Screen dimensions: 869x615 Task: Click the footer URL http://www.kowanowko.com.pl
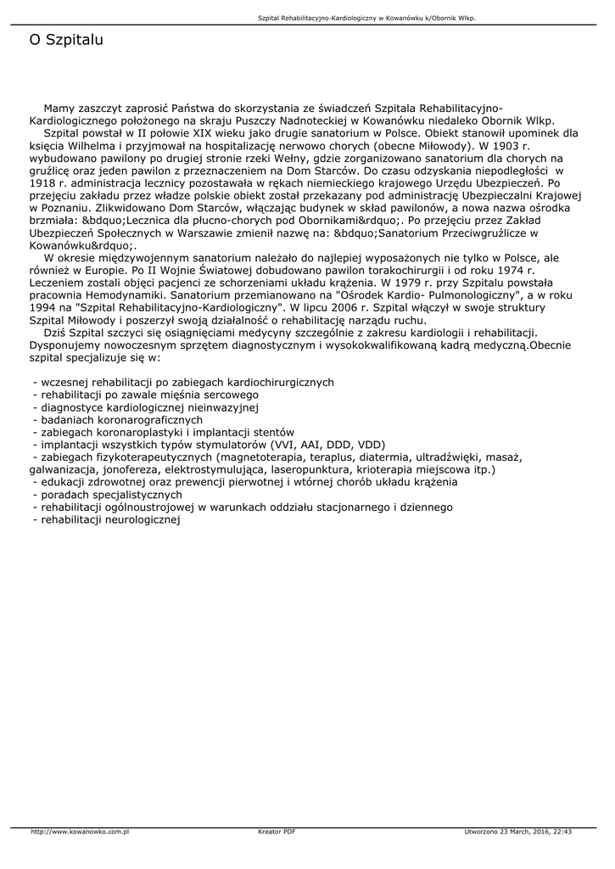click(x=79, y=832)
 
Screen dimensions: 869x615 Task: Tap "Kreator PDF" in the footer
click(x=277, y=832)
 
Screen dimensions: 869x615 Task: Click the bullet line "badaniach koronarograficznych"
click(x=121, y=419)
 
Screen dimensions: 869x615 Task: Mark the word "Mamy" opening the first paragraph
click(x=59, y=109)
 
